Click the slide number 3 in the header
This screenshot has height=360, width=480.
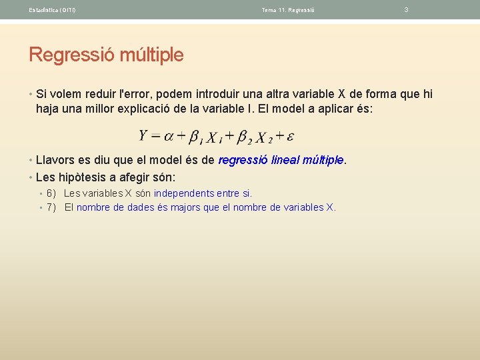(x=407, y=10)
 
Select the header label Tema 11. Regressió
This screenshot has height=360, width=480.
(x=288, y=10)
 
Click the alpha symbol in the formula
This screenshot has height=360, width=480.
(x=169, y=137)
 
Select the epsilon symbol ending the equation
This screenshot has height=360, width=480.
(x=291, y=137)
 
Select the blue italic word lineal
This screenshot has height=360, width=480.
(x=287, y=160)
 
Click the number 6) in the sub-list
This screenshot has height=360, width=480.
(x=51, y=193)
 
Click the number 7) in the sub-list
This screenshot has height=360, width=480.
(x=51, y=207)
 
